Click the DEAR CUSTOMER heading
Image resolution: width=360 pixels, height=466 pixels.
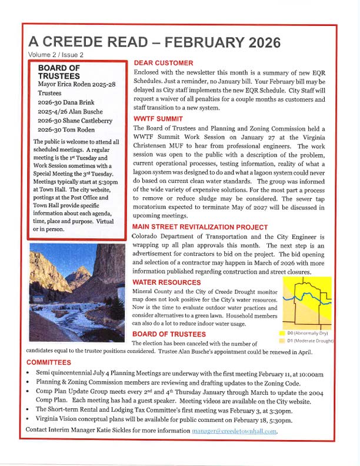point(164,63)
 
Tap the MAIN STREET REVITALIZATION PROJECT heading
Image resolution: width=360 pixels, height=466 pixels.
point(200,227)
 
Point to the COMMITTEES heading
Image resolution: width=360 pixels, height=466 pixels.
point(49,362)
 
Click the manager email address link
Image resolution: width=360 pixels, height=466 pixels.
point(234,431)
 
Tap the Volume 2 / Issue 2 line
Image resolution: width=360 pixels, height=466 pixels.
point(56,55)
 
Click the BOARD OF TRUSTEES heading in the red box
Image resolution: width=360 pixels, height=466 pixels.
point(59,72)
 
